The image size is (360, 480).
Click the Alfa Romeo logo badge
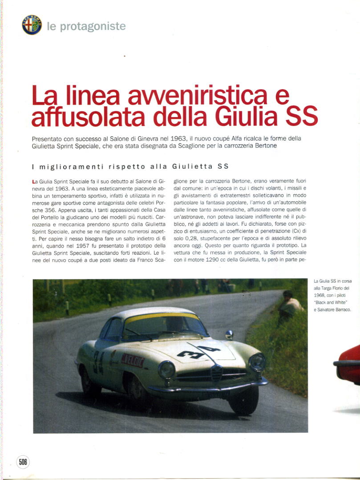[x=32, y=25]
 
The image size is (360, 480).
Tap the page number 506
[x=23, y=462]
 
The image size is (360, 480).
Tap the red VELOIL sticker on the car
[x=133, y=360]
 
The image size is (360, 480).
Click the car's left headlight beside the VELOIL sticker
[x=167, y=369]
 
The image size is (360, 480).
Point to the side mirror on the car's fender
[x=229, y=334]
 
